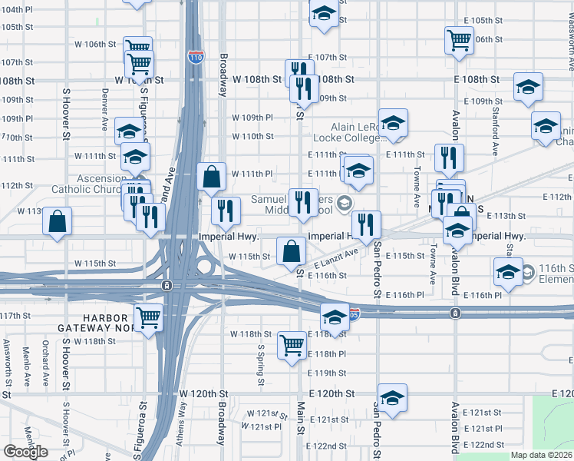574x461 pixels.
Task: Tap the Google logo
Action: [25, 451]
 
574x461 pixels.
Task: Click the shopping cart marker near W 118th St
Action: [292, 346]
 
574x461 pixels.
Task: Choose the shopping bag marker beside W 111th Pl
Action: [211, 177]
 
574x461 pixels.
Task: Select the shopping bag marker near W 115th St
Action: [292, 250]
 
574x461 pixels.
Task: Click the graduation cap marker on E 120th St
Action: [392, 397]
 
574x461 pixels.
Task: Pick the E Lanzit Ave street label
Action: [336, 258]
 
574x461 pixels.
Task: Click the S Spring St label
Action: [261, 363]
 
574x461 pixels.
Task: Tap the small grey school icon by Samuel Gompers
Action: [345, 203]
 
